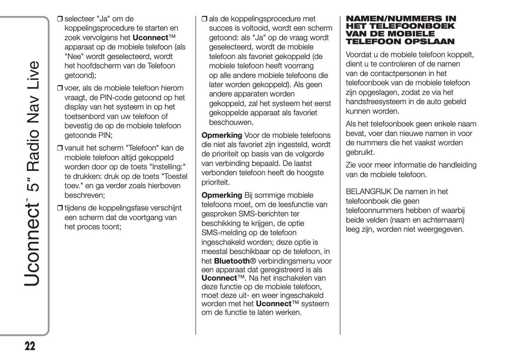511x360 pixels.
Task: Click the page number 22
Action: (30, 346)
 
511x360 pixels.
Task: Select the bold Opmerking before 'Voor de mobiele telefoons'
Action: (222, 135)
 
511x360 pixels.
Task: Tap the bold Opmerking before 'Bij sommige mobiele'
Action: (222, 195)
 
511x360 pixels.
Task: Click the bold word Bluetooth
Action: (232, 261)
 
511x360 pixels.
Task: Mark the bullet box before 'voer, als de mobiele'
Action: (60, 88)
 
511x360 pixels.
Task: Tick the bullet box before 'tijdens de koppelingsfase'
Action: (60, 208)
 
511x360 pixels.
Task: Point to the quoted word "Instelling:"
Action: (168, 167)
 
